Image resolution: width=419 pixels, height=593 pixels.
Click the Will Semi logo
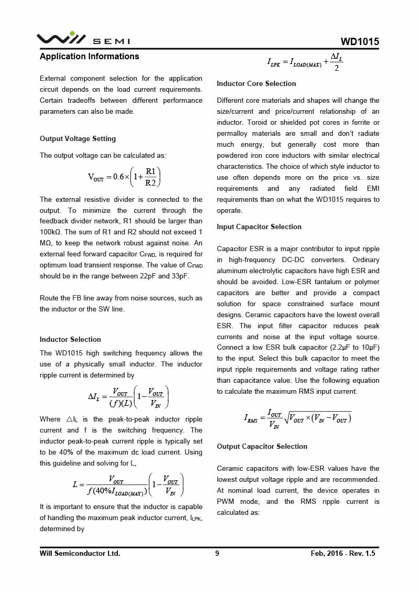point(83,39)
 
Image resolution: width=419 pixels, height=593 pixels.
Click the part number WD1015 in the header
point(359,42)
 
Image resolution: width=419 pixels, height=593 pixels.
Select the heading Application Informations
point(90,57)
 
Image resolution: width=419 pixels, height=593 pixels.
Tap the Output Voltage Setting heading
point(78,139)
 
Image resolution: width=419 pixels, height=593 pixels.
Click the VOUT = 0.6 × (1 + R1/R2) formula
point(124,177)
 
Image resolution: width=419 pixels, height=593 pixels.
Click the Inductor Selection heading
point(70,340)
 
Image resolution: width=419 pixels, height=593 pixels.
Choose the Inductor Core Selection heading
point(256,84)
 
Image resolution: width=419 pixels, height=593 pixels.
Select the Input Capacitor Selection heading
point(259,227)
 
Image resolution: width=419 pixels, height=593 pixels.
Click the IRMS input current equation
point(297,417)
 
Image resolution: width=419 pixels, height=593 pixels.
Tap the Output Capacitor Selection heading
point(262,447)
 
